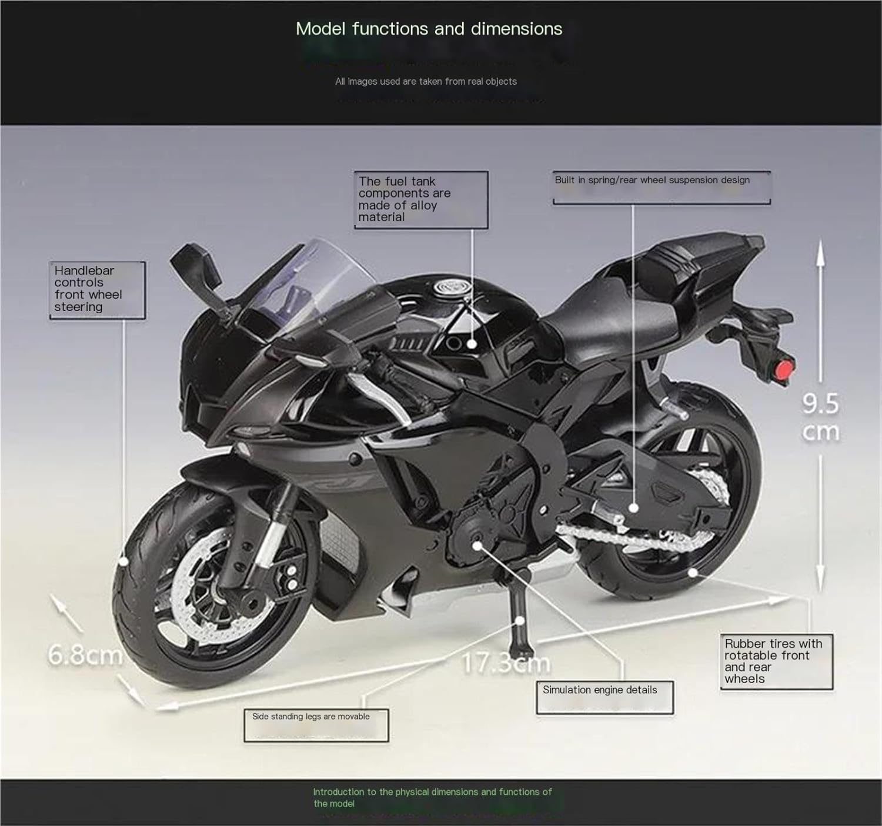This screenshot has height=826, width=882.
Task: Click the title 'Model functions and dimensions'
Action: pos(429,29)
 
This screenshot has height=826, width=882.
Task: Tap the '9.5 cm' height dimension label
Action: pos(820,417)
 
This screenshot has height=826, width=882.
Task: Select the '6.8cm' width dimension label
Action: pos(85,654)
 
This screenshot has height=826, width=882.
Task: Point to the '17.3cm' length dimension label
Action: pos(506,663)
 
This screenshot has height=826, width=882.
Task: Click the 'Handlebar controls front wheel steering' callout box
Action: pos(97,289)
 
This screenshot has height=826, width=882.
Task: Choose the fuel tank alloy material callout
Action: pos(420,199)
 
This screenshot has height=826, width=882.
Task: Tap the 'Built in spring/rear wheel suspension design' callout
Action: pos(661,186)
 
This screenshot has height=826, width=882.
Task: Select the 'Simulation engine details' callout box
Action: pos(604,697)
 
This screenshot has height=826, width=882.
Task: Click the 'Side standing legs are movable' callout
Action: pos(316,725)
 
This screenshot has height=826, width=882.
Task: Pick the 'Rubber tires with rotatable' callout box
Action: pos(776,661)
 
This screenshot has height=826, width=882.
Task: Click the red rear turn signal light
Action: pos(783,371)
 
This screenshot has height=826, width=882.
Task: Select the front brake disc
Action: pos(194,582)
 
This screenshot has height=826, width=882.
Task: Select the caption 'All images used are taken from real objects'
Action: pos(426,82)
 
